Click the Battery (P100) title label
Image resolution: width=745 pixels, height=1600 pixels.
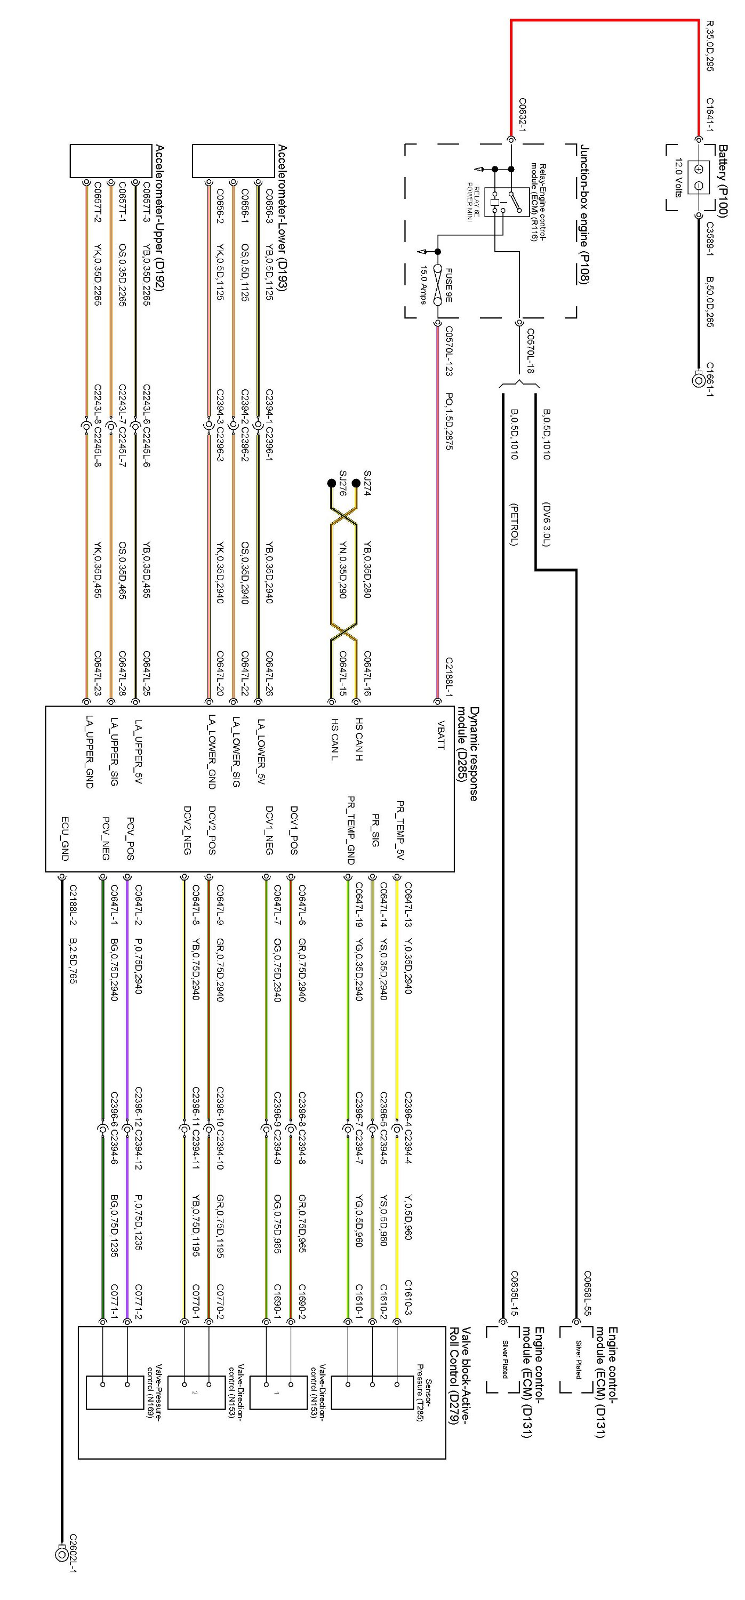[722, 180]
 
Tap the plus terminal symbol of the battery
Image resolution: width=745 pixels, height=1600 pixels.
[699, 169]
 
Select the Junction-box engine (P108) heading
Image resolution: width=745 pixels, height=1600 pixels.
[584, 214]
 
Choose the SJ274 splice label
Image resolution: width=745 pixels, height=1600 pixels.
[367, 483]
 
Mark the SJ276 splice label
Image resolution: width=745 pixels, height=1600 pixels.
[342, 483]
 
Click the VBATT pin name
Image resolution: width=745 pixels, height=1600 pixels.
[440, 735]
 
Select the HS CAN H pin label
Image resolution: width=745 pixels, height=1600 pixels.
[359, 739]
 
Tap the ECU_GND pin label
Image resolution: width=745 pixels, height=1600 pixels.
[65, 838]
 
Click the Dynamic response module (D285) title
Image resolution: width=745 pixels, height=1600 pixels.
[468, 754]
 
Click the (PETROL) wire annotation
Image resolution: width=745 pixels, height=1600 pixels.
[514, 524]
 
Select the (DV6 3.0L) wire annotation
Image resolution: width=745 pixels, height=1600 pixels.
[546, 524]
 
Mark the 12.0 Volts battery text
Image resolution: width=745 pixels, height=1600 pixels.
[678, 178]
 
